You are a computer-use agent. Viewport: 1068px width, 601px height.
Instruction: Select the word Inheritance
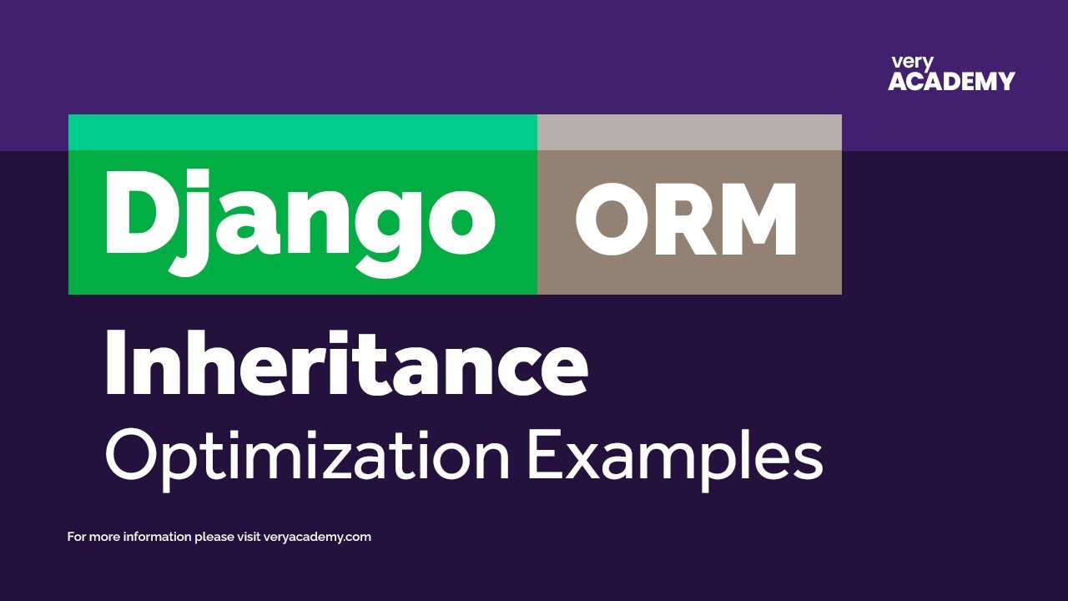(x=346, y=364)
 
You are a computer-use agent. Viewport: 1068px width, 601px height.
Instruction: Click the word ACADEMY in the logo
(x=951, y=82)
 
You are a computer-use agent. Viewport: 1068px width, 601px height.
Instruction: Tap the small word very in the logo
(x=912, y=63)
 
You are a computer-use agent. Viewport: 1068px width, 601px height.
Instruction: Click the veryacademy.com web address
(x=317, y=537)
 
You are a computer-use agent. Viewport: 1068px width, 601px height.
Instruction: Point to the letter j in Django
(x=200, y=221)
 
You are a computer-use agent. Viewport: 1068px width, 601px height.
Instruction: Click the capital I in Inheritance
(x=114, y=364)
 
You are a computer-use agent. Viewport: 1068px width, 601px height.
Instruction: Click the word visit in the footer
(x=246, y=537)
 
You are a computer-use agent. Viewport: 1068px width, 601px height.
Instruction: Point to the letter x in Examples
(x=585, y=461)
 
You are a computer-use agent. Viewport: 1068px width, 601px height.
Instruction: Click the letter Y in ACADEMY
(x=1005, y=82)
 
